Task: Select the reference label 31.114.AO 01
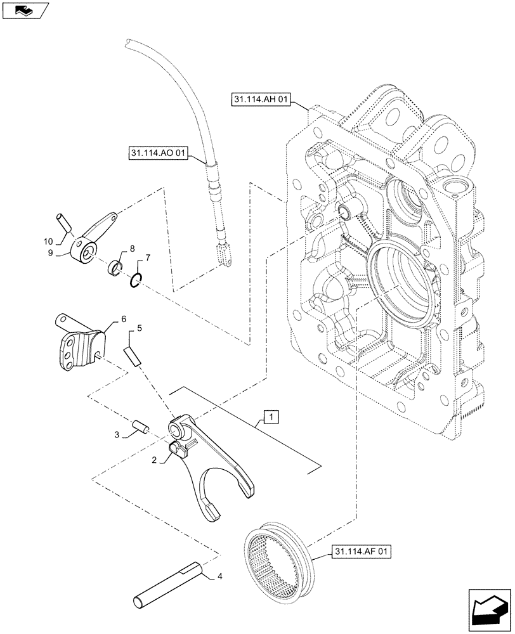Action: pos(157,153)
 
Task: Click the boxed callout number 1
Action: pos(271,417)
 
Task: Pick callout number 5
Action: pos(140,328)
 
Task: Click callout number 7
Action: pos(148,258)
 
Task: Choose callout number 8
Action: pos(132,249)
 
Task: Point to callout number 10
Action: pos(49,242)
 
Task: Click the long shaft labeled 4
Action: pos(166,581)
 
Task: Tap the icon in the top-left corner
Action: pos(25,10)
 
